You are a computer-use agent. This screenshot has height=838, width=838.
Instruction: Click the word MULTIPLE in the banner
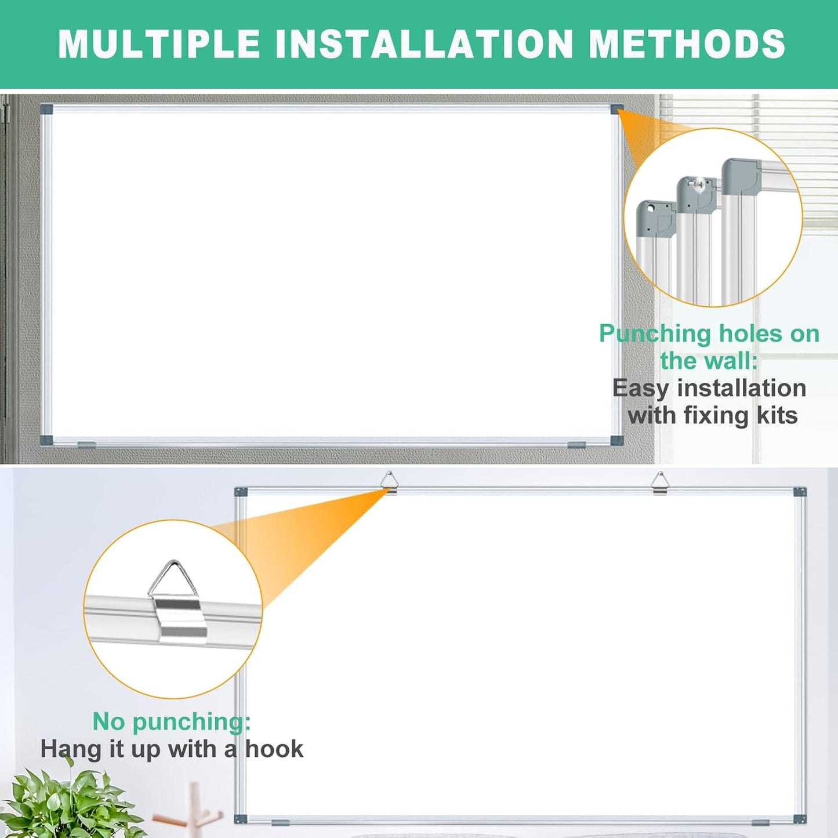(159, 44)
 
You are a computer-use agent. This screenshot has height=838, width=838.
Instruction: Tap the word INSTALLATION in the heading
(424, 44)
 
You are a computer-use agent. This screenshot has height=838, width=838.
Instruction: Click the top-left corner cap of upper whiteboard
(46, 109)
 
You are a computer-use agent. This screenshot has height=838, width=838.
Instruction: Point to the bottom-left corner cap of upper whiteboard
(46, 440)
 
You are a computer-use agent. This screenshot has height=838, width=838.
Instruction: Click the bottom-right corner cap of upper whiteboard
(616, 440)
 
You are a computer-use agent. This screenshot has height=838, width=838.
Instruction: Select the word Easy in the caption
(640, 389)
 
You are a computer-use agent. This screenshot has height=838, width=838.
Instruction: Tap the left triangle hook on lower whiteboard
(389, 483)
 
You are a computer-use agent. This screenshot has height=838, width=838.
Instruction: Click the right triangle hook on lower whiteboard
(659, 483)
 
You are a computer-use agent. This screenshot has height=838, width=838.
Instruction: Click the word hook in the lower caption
(274, 749)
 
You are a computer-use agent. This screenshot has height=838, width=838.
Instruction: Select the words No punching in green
(171, 722)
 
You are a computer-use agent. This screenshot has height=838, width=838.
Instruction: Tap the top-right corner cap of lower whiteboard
(800, 492)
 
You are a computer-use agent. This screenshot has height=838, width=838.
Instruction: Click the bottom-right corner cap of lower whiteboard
(800, 819)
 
